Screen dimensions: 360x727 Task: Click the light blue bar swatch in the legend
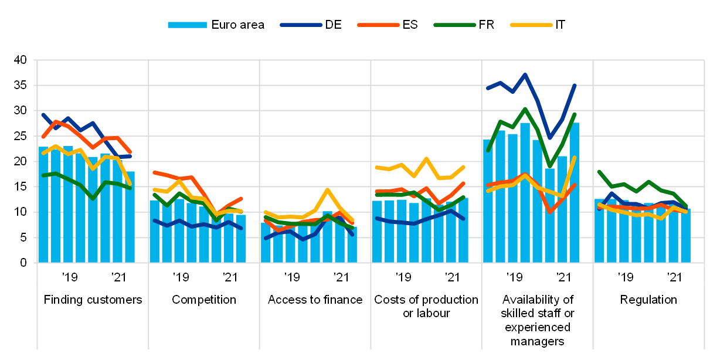(187, 25)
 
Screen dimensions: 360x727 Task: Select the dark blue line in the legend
(301, 25)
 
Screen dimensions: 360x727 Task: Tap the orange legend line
(378, 25)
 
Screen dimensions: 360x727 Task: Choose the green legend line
(454, 25)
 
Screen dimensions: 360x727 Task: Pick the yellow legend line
(531, 25)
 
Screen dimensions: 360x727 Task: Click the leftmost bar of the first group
(43, 205)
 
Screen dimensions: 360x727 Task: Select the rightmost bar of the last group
(685, 236)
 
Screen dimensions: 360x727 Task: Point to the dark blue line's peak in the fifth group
(525, 74)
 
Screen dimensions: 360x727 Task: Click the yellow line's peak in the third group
(327, 189)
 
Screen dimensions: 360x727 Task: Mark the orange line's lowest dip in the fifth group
(549, 212)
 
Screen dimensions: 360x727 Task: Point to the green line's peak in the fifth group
(525, 108)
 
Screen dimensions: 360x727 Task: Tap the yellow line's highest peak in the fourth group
(426, 158)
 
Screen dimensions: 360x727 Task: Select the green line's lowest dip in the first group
(93, 198)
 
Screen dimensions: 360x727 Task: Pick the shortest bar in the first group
(130, 217)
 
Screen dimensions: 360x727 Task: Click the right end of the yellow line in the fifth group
(575, 158)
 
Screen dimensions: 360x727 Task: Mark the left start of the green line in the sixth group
(599, 171)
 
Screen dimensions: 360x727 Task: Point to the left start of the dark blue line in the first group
(43, 114)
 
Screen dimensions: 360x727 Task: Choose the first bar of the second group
(155, 232)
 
